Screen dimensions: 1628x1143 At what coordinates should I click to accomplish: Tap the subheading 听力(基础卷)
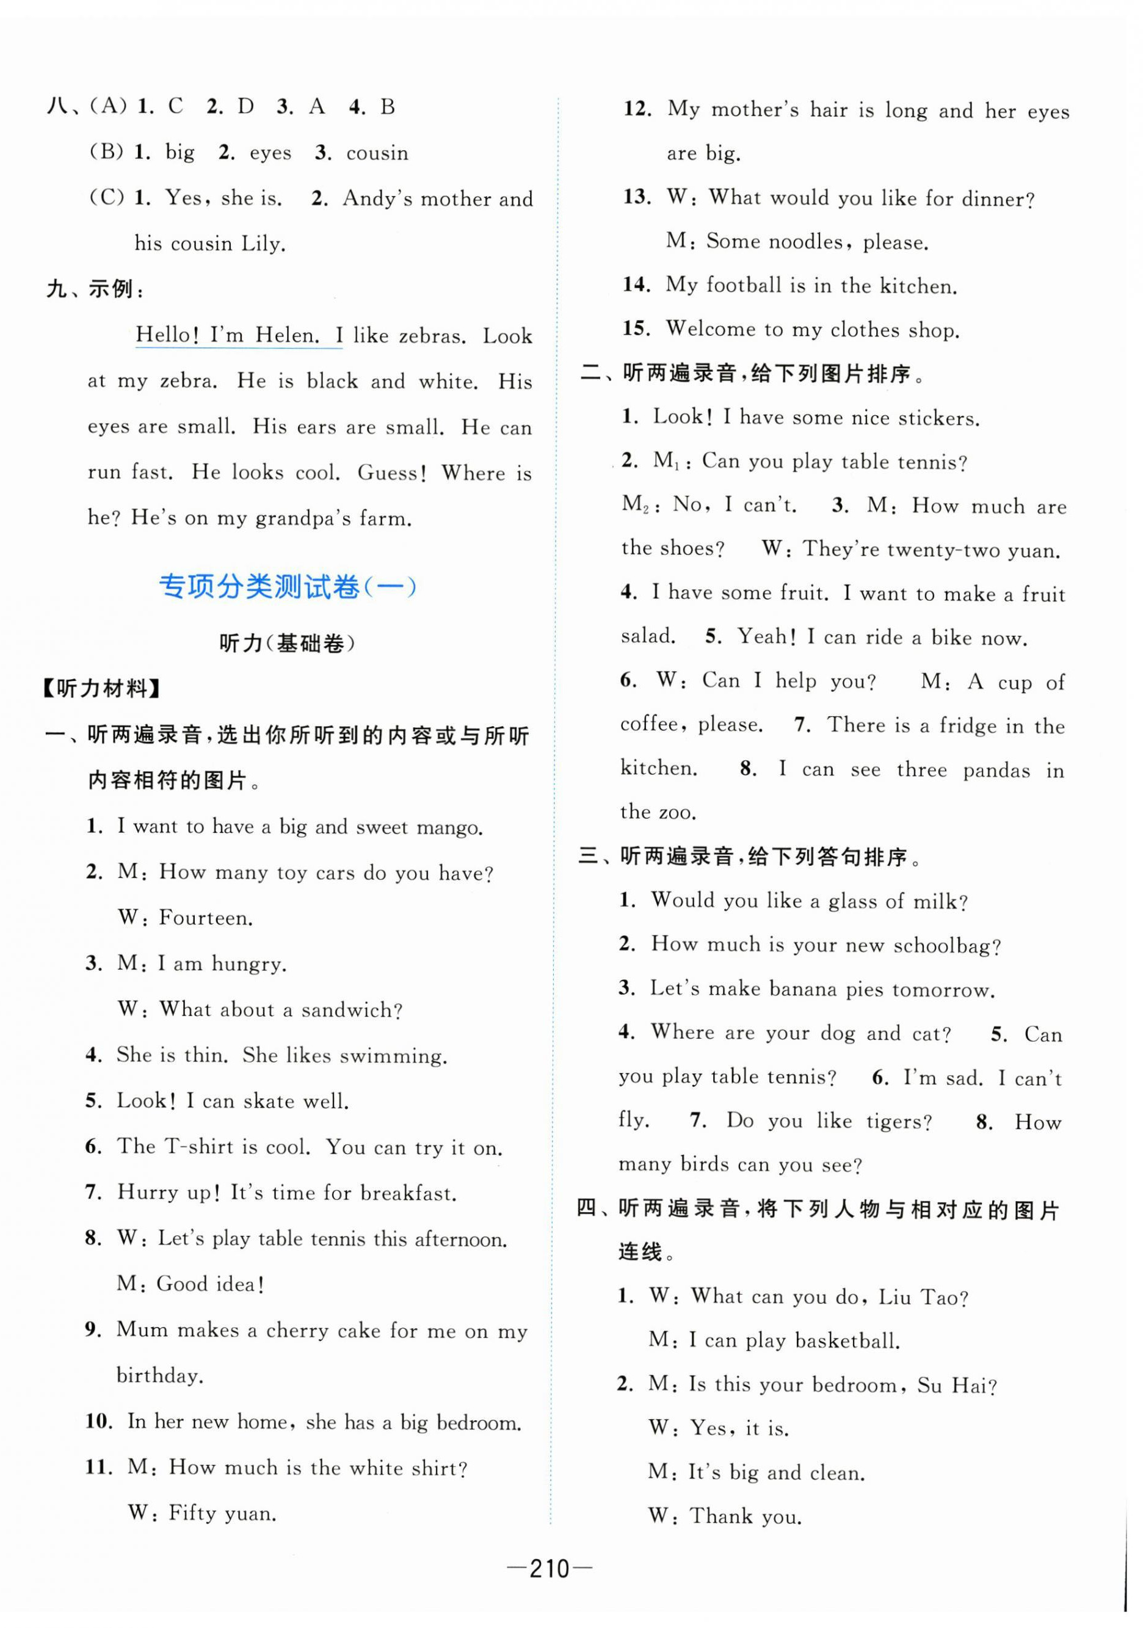(x=286, y=643)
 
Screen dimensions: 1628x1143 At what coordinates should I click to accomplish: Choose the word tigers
(x=898, y=1121)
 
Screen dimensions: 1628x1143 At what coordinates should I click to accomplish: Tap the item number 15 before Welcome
(x=636, y=329)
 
